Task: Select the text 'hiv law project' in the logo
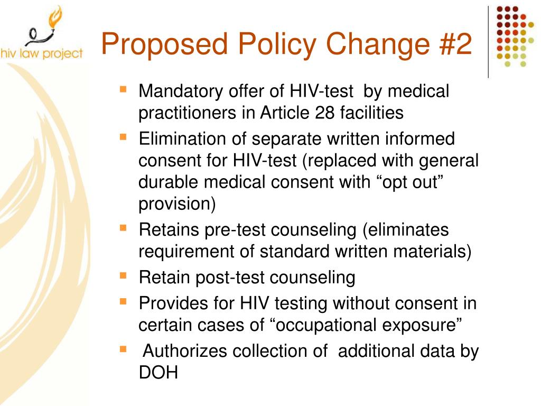tap(42, 53)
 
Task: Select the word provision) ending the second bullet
tap(177, 204)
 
